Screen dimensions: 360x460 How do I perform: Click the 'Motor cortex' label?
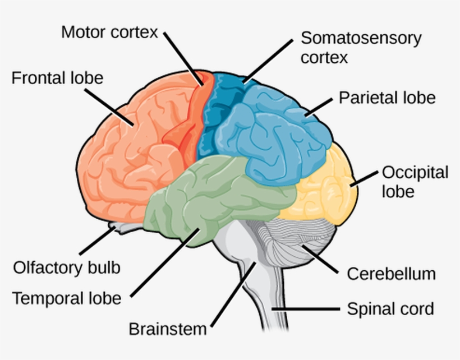[x=109, y=32]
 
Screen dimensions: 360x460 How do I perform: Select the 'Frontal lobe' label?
[x=57, y=77]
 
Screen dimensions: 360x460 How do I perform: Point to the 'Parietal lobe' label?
[x=387, y=98]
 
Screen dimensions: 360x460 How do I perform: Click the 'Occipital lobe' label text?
[x=415, y=181]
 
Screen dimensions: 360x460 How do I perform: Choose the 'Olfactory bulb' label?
[x=66, y=267]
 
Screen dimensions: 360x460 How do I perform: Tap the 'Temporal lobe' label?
[x=66, y=298]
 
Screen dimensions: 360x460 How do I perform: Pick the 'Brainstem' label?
[x=168, y=329]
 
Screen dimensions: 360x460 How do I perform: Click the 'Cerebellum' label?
[x=391, y=274]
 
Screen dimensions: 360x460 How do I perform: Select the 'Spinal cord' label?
[x=390, y=308]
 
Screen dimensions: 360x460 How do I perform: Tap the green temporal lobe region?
[x=213, y=196]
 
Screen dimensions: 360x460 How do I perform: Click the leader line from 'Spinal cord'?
[x=306, y=309]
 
